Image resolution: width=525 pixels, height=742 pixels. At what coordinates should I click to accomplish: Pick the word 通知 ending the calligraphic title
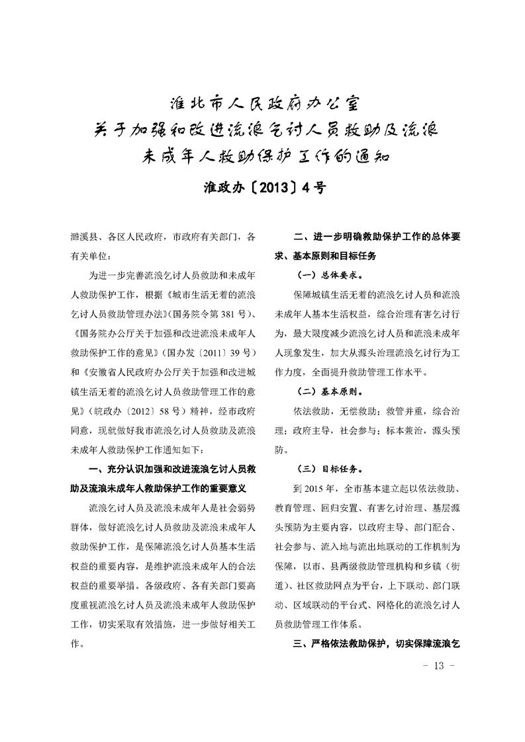[371, 157]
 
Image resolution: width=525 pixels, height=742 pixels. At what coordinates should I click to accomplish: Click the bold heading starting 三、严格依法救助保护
[376, 642]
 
